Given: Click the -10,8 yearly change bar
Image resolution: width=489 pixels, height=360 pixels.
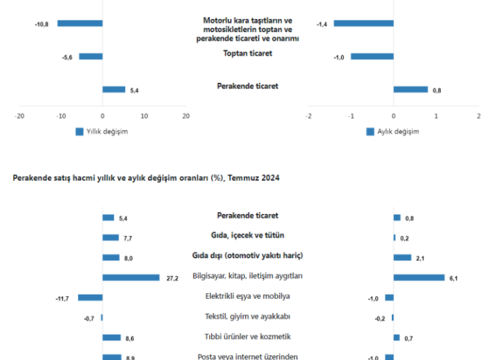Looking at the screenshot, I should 80,23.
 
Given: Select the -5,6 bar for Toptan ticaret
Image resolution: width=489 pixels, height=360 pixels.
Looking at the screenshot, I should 91,56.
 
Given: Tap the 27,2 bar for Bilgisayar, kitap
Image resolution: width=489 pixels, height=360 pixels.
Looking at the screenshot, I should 131,277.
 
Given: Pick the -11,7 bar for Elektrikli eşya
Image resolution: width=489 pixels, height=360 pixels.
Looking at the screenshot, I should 90,297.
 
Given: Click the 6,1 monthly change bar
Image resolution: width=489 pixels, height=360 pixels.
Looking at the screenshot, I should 419,277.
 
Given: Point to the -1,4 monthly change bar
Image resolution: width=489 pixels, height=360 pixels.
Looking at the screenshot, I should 363,23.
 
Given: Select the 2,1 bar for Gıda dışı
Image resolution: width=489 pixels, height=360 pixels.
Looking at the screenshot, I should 403,257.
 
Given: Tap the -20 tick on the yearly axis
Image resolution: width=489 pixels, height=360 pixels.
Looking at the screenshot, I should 20,115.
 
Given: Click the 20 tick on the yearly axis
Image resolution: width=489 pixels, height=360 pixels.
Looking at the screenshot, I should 185,115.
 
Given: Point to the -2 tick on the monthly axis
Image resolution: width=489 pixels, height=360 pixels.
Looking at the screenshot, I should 309,115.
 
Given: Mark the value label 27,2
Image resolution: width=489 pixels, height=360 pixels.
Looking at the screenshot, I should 172,278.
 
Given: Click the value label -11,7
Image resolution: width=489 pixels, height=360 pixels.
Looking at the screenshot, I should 62,298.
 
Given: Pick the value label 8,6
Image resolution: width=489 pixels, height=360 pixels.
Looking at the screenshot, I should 130,338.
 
